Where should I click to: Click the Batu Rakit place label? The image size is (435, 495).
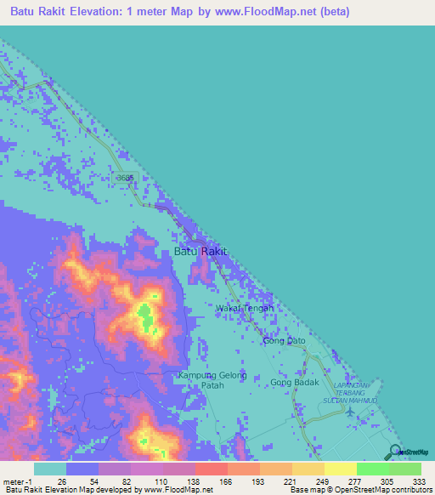coord(201,252)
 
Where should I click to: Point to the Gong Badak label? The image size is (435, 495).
coord(294,382)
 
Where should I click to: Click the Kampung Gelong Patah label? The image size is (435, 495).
coord(212,380)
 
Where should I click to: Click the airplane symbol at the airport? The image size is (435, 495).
coord(353,411)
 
